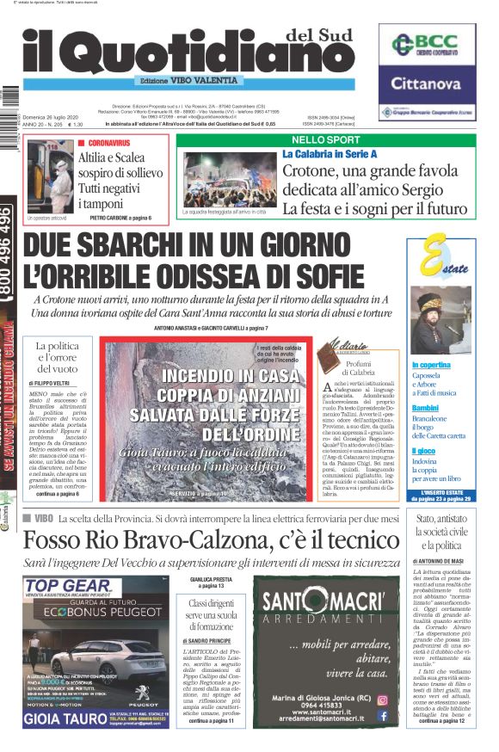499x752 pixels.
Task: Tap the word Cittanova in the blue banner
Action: (x=427, y=84)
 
